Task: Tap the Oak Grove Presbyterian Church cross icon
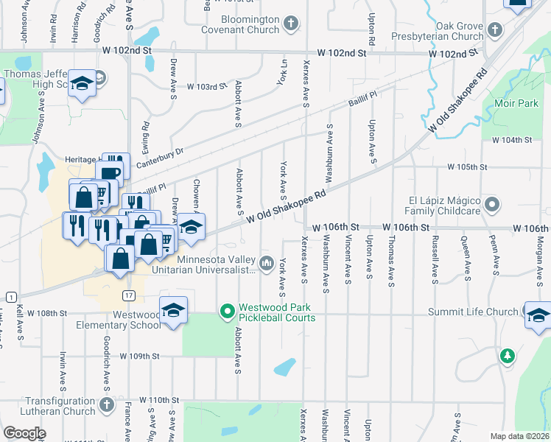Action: click(495, 30)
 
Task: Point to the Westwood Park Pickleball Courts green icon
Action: click(228, 312)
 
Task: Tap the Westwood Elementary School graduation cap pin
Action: click(173, 311)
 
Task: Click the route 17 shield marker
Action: click(129, 295)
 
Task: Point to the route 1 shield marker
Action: click(10, 295)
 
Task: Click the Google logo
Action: click(24, 432)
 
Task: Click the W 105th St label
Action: click(467, 167)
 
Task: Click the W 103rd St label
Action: click(207, 86)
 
